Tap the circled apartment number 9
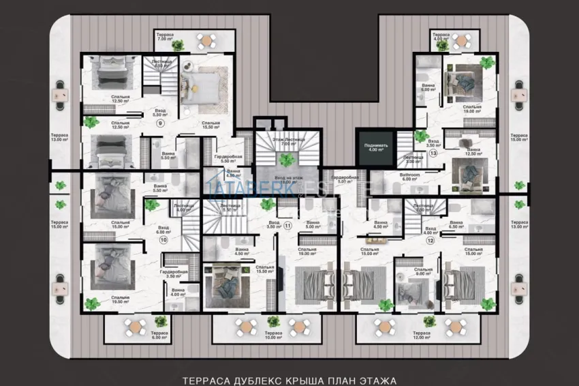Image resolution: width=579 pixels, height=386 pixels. pyautogui.click(x=160, y=123)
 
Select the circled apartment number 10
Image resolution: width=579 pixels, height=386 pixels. pyautogui.click(x=163, y=240)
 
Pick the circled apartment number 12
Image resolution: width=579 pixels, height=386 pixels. pyautogui.click(x=431, y=240)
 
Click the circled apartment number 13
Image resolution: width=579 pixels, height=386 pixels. pyautogui.click(x=433, y=153)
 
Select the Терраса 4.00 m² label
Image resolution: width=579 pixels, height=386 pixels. pyautogui.click(x=441, y=36)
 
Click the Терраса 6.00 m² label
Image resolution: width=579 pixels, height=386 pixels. pyautogui.click(x=160, y=336)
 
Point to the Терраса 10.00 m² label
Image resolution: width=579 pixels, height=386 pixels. pyautogui.click(x=273, y=336)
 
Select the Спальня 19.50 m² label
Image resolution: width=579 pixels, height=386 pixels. pyautogui.click(x=122, y=300)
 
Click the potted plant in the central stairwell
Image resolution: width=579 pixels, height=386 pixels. pyautogui.click(x=287, y=159)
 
